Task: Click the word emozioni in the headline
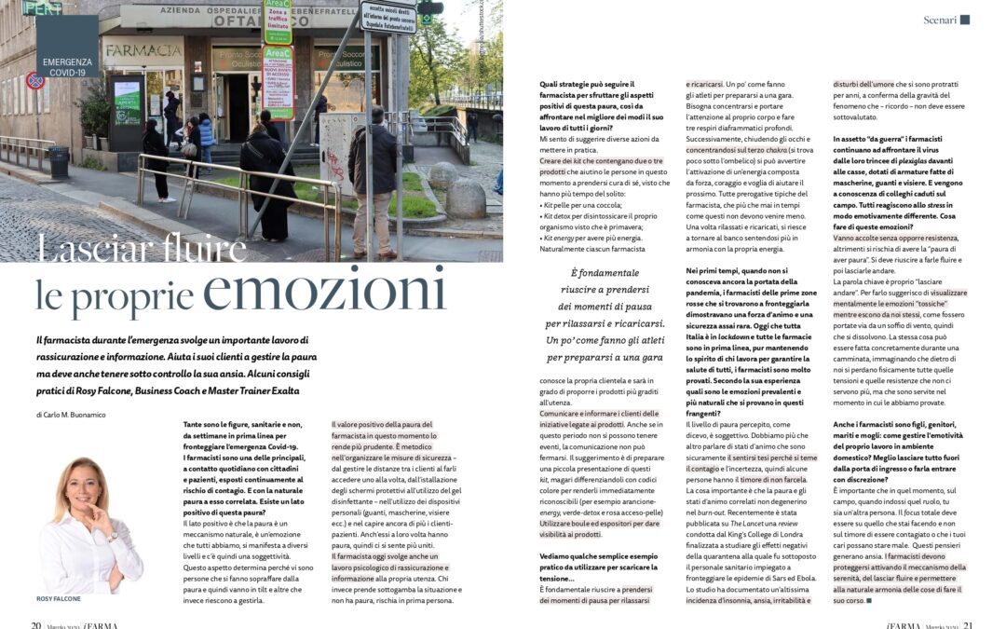click(326, 291)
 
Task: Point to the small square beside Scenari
click(965, 19)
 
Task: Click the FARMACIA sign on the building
click(143, 50)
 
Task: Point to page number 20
click(35, 624)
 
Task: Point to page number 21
click(968, 624)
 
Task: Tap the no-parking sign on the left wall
click(35, 81)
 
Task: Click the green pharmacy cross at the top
click(429, 7)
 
